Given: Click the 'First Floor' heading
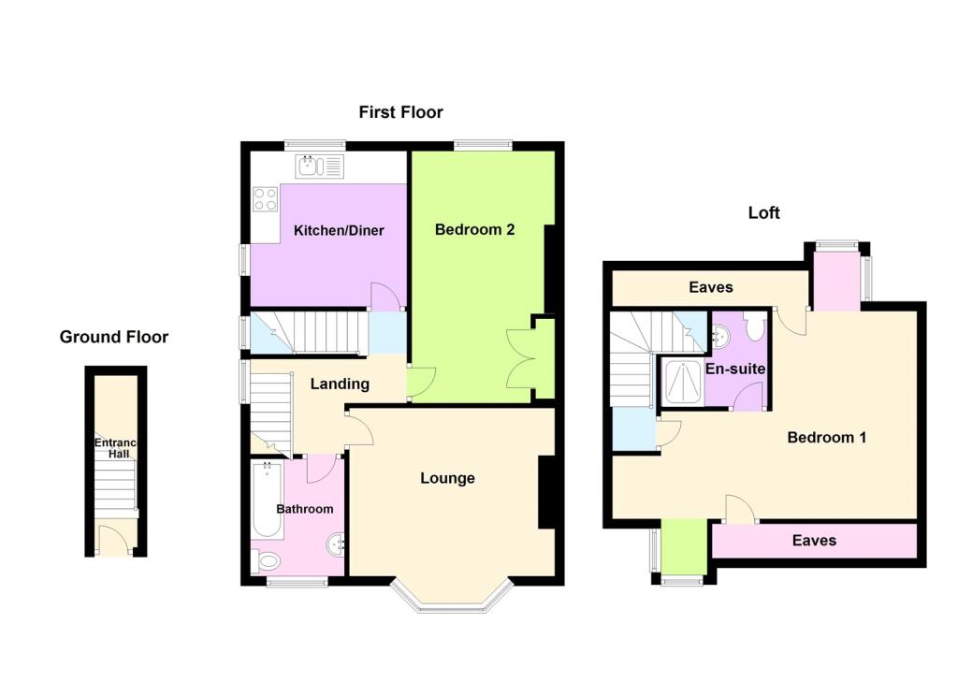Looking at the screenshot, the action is pyautogui.click(x=400, y=112).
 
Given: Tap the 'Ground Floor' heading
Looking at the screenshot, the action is pyautogui.click(x=113, y=337).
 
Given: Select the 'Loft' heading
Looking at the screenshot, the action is pyautogui.click(x=763, y=212).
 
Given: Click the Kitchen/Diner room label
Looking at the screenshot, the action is pyautogui.click(x=339, y=230).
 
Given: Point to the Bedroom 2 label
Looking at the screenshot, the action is pyautogui.click(x=474, y=230).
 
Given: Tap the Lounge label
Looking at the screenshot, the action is pyautogui.click(x=447, y=478).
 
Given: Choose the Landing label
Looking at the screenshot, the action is pyautogui.click(x=340, y=384).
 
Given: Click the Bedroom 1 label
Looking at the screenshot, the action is pyautogui.click(x=827, y=438).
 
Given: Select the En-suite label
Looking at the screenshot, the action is pyautogui.click(x=735, y=370).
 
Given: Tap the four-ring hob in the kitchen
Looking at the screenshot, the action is pyautogui.click(x=266, y=199).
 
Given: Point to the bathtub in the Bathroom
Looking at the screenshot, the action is pyautogui.click(x=268, y=500).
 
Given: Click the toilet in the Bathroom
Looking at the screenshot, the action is pyautogui.click(x=265, y=560).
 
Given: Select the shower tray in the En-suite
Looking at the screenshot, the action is pyautogui.click(x=683, y=383).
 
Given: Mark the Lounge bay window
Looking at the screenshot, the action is pyautogui.click(x=452, y=595).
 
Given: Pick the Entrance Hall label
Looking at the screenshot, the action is pyautogui.click(x=116, y=448).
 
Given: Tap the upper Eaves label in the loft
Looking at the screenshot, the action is pyautogui.click(x=711, y=287).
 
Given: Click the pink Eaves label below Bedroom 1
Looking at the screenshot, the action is pyautogui.click(x=814, y=540).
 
